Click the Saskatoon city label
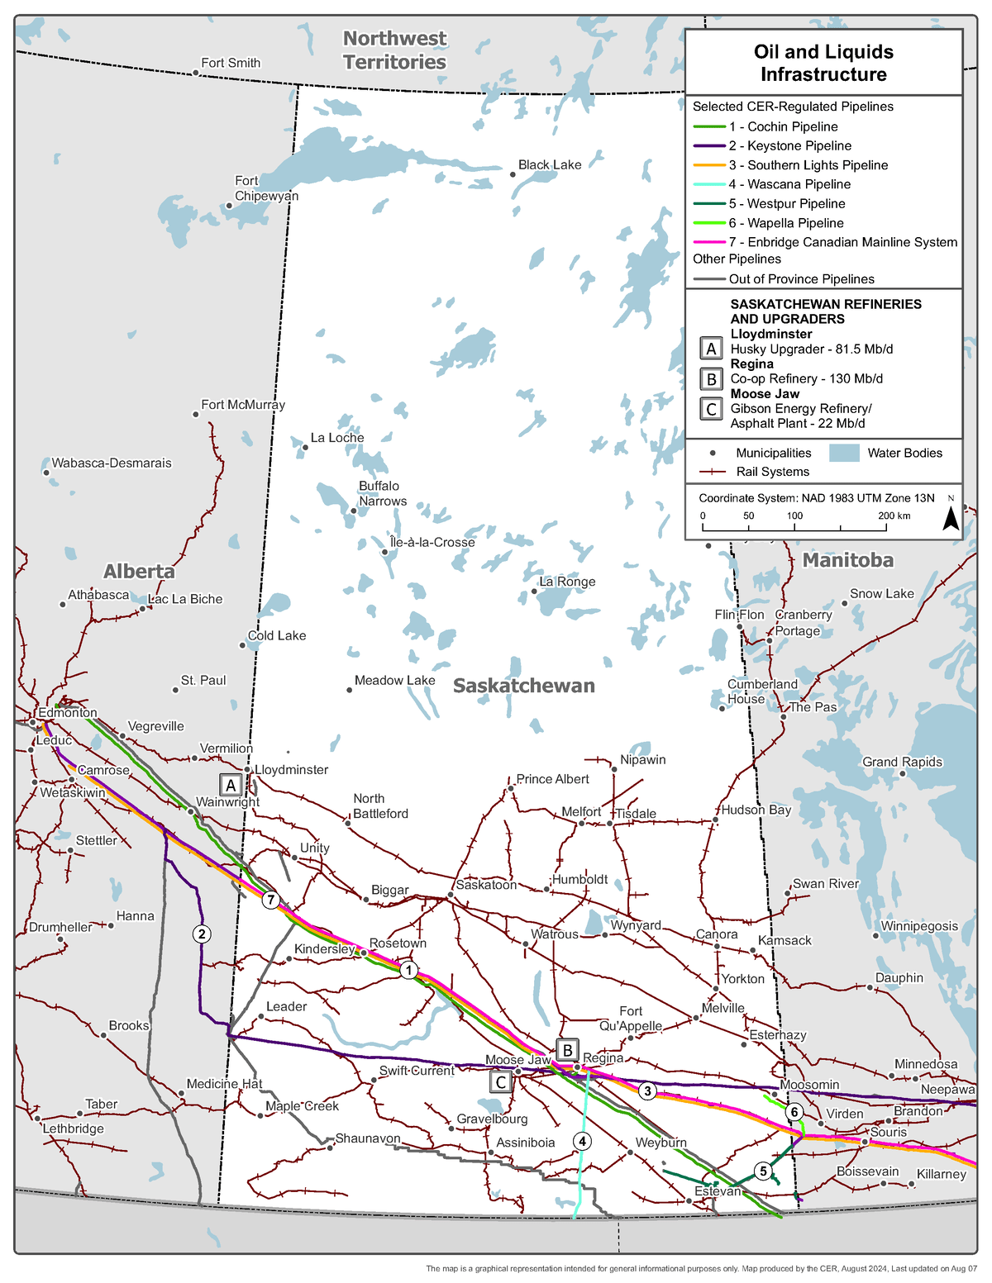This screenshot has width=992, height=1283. pyautogui.click(x=486, y=885)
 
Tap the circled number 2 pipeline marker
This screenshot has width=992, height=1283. pyautogui.click(x=201, y=934)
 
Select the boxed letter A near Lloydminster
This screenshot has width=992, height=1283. pyautogui.click(x=231, y=785)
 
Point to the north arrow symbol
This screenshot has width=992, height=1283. pyautogui.click(x=951, y=517)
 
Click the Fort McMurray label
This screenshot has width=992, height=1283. pyautogui.click(x=243, y=405)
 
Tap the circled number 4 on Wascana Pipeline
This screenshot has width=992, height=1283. pyautogui.click(x=583, y=1141)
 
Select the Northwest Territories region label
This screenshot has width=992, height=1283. pyautogui.click(x=394, y=50)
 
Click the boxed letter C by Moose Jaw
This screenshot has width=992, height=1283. pyautogui.click(x=500, y=1081)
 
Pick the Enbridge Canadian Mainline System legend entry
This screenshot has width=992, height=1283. pyautogui.click(x=842, y=242)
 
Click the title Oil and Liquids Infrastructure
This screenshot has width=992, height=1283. pyautogui.click(x=823, y=63)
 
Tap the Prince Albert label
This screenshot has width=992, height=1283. pyautogui.click(x=552, y=779)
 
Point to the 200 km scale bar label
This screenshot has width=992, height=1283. pyautogui.click(x=894, y=516)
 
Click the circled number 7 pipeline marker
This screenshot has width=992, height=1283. pyautogui.click(x=271, y=900)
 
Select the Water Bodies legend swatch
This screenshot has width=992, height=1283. pyautogui.click(x=845, y=453)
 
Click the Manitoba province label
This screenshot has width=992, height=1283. pyautogui.click(x=847, y=560)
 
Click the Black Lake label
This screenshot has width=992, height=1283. pyautogui.click(x=550, y=164)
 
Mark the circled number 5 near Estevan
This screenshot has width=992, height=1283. pyautogui.click(x=763, y=1171)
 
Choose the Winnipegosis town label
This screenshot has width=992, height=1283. pyautogui.click(x=919, y=926)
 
